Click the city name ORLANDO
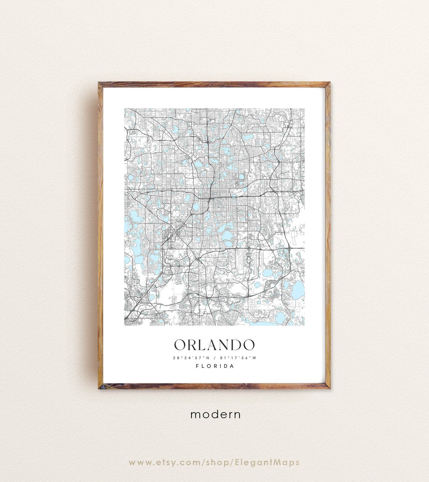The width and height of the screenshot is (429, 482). click(x=214, y=345)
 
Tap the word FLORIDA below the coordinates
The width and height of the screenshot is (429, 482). click(x=215, y=366)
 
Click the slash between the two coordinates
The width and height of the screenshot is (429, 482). click(x=214, y=358)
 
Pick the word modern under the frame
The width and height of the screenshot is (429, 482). click(x=215, y=414)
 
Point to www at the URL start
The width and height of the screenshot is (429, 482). click(x=138, y=463)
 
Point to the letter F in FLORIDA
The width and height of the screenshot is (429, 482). click(x=197, y=366)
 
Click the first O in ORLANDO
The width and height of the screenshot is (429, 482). click(x=181, y=345)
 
